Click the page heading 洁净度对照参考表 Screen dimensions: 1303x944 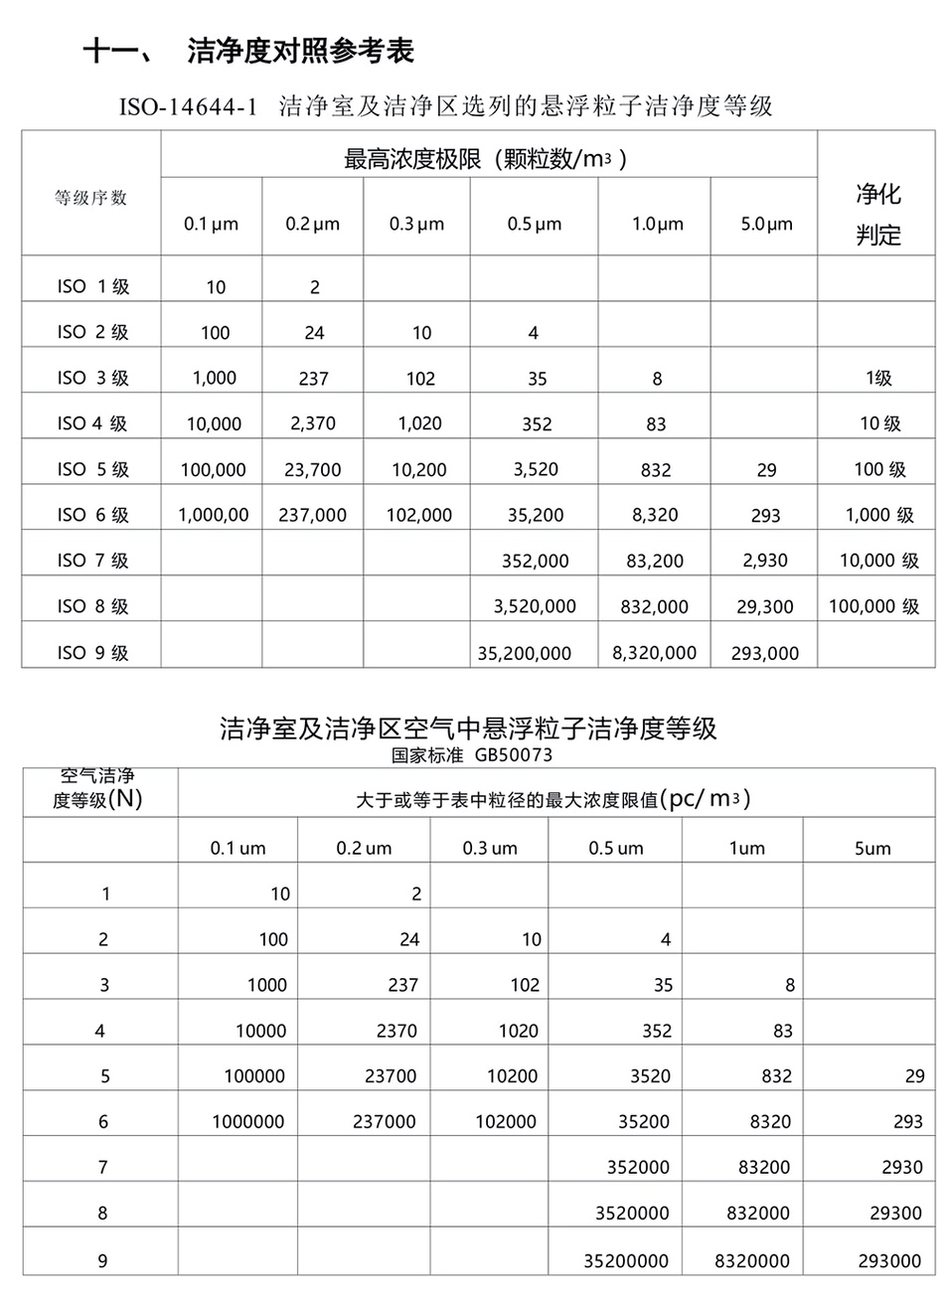pos(300,51)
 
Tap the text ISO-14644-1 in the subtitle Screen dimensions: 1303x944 pos(187,106)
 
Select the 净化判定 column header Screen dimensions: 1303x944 pos(877,214)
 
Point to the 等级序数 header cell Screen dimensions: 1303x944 pos(90,198)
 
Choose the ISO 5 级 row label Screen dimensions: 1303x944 pos(93,469)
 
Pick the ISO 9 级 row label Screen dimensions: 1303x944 pos(93,652)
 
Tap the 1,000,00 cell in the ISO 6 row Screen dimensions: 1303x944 pos(214,515)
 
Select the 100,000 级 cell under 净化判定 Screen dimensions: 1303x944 pos(874,606)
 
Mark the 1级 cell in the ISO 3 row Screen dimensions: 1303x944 pos(878,378)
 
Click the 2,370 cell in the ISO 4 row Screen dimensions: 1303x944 pos(313,423)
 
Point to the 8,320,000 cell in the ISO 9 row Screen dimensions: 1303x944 pos(654,653)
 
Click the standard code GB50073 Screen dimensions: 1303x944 pos(514,754)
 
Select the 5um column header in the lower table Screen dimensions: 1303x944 pos(871,848)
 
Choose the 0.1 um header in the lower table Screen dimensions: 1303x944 pos(237,848)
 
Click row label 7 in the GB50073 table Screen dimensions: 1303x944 pos(102,1167)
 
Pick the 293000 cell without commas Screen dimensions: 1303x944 pos(889,1260)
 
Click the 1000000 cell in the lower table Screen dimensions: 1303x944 pos(247,1121)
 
